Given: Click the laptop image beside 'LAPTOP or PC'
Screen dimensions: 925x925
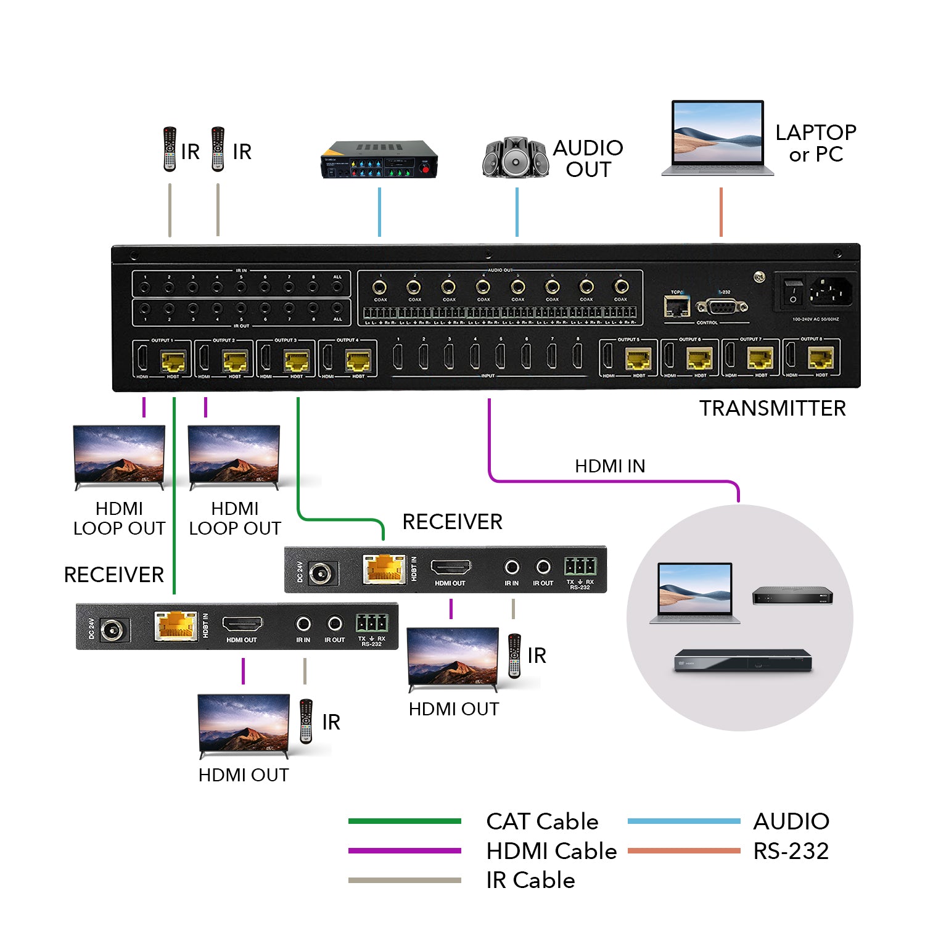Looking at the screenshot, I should point(717,139).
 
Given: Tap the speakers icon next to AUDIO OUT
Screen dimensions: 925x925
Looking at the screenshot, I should point(516,158).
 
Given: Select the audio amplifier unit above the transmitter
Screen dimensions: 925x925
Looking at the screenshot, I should point(379,160).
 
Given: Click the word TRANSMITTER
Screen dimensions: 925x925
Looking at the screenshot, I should point(772,408).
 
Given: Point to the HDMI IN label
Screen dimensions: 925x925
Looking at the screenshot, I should point(609,466).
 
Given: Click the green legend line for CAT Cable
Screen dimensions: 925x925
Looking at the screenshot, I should point(405,821).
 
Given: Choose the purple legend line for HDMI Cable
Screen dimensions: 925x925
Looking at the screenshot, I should point(405,850).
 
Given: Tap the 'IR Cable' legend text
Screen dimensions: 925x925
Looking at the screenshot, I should point(530,880).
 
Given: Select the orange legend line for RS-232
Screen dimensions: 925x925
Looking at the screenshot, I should point(684,850).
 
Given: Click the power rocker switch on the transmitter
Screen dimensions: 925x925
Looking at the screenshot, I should point(793,291).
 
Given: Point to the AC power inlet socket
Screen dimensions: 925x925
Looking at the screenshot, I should point(831,291).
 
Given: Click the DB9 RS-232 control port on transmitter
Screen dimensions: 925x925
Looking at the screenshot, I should point(721,306).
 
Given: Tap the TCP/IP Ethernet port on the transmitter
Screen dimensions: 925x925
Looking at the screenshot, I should point(676,306).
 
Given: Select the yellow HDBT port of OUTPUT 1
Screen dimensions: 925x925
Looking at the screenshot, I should point(173,361).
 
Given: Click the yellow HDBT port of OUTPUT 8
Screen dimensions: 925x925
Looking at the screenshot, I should point(821,358).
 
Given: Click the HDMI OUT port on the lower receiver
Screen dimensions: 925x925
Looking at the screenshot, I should point(242,625).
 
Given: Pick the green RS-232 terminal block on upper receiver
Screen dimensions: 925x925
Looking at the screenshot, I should point(580,565).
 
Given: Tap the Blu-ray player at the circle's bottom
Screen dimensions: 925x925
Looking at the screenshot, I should point(742,660).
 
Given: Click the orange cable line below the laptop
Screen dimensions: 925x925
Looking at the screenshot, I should point(720,212).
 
